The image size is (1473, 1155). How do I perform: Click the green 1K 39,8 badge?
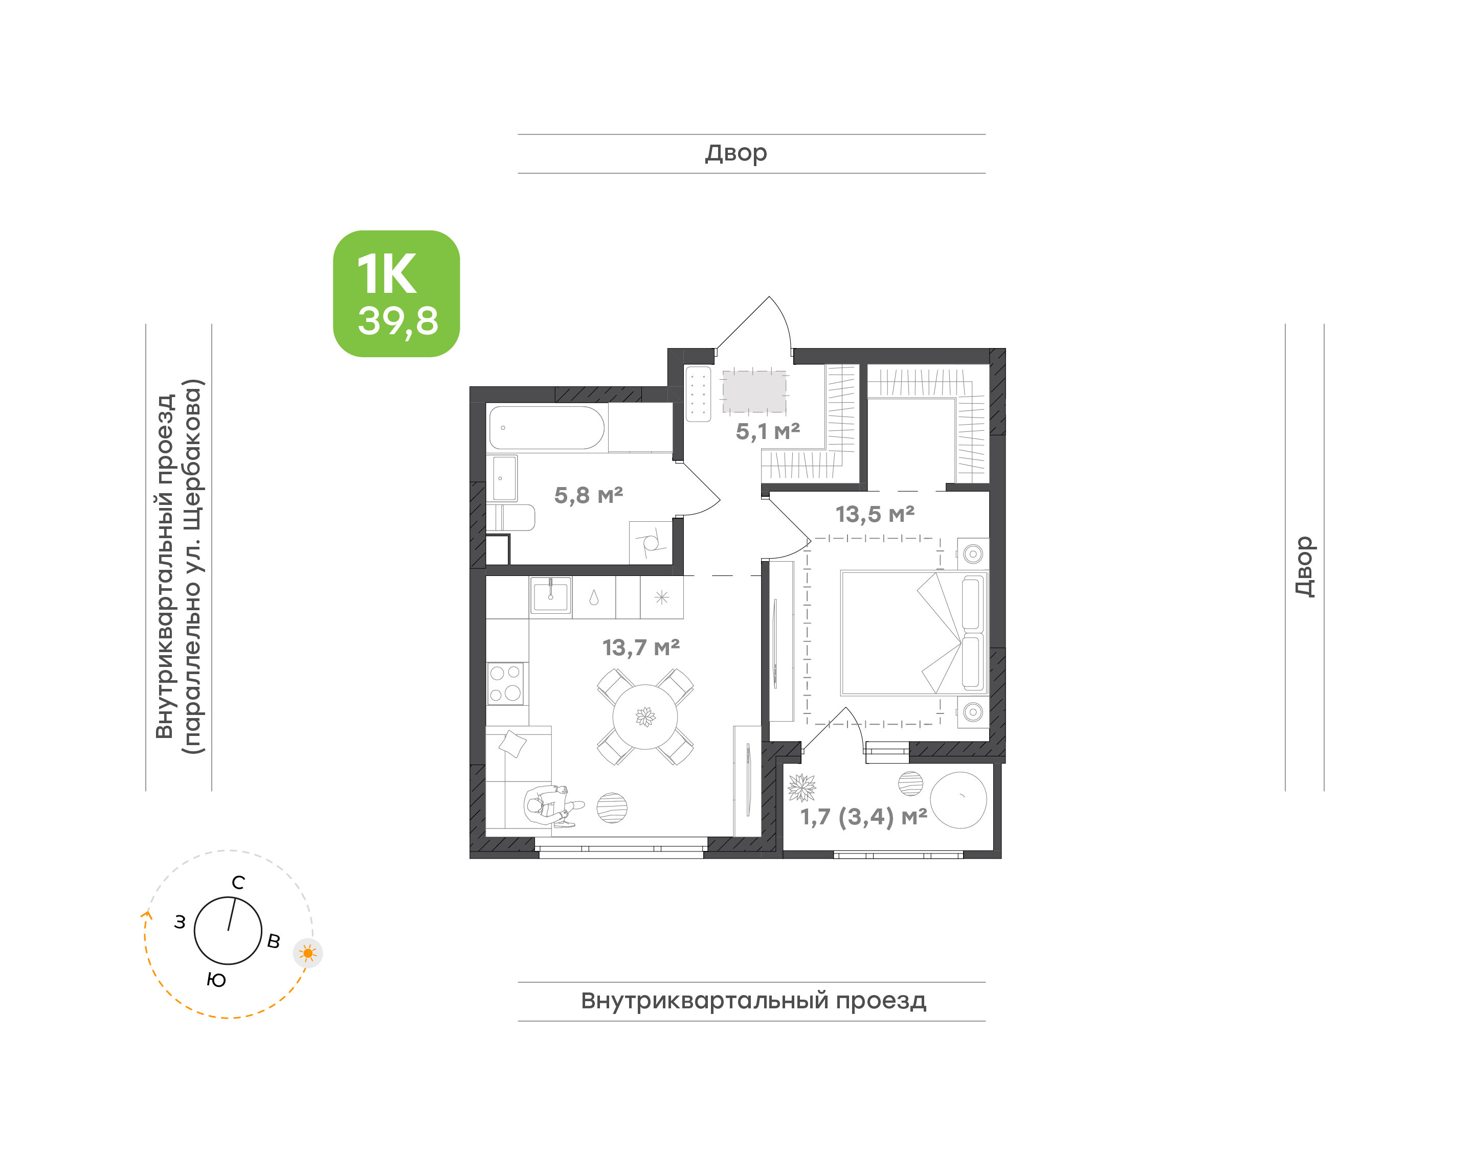[x=396, y=293]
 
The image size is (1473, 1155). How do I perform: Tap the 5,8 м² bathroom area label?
[x=588, y=496]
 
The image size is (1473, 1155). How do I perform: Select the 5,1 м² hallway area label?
[x=768, y=431]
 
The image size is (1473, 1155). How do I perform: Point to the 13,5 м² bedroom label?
[x=875, y=515]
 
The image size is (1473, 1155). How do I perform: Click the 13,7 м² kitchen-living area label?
[x=641, y=648]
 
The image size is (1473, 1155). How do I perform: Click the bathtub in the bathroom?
[x=547, y=427]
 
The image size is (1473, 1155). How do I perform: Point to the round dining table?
[x=645, y=717]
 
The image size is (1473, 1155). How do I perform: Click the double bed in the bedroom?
[x=914, y=633]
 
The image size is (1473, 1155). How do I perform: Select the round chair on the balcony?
[x=958, y=800]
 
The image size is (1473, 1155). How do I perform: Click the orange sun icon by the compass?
[x=308, y=954]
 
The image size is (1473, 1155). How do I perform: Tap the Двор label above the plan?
[x=736, y=153]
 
